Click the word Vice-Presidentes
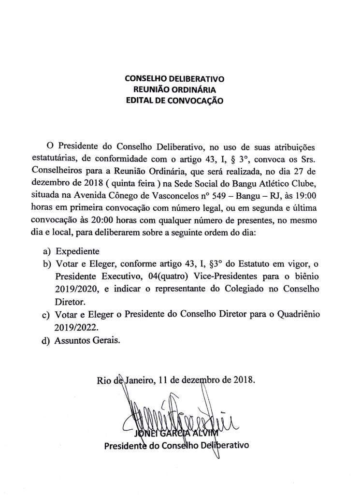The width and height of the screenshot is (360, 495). tap(193, 277)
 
